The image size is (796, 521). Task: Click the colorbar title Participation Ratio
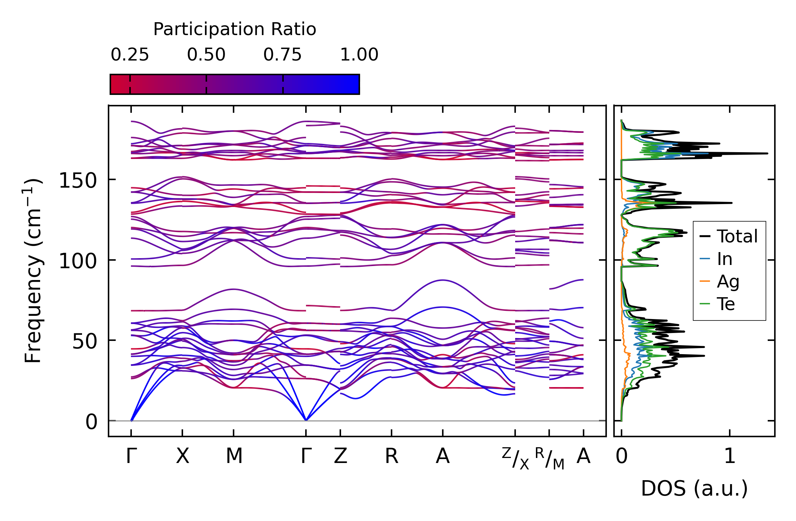[235, 29]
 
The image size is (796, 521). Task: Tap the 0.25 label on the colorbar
[130, 55]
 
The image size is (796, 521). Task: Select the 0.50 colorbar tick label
[206, 55]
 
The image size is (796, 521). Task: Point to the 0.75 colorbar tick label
[283, 55]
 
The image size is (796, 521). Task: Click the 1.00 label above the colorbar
[359, 55]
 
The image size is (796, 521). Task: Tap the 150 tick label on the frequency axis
[78, 180]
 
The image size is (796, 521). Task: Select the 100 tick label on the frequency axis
[78, 261]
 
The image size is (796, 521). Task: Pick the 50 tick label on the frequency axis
[85, 341]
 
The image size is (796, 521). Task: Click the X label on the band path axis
[182, 456]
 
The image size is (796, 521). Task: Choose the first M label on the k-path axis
[234, 456]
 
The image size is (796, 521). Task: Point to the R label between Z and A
[392, 456]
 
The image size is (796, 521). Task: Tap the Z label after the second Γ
[340, 456]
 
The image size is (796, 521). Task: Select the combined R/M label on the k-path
[550, 458]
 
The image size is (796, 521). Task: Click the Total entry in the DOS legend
[729, 236]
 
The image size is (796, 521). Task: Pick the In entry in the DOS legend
[716, 259]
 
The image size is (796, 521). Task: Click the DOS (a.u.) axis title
[694, 488]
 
